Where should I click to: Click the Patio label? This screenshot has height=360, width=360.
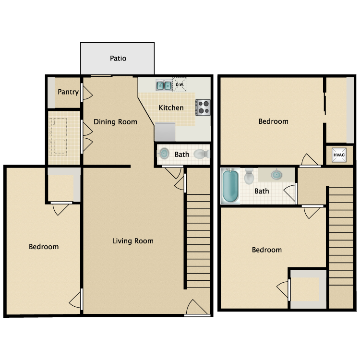pos(118,59)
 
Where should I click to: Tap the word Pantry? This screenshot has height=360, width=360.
pos(68,92)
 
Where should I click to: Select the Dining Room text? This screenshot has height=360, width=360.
pos(115,121)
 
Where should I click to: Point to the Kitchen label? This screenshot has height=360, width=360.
pos(171,108)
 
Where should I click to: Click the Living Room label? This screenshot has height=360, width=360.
pos(133,240)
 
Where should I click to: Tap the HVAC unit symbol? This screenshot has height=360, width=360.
pos(339,155)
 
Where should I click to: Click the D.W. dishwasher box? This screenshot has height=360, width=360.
pos(180,85)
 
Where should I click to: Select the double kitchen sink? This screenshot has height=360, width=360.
pos(164,86)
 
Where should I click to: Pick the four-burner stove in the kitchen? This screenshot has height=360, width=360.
pos(203,107)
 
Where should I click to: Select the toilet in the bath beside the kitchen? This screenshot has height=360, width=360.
pos(201,154)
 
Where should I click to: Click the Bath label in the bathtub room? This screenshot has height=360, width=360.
pos(262,191)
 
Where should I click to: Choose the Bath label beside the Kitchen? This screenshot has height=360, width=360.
pos(181,155)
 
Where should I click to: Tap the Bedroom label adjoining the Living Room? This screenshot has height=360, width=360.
pos(44,247)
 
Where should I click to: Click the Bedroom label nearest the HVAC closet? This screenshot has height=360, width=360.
pos(273,121)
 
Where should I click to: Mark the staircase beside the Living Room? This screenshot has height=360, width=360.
pos(197,240)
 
